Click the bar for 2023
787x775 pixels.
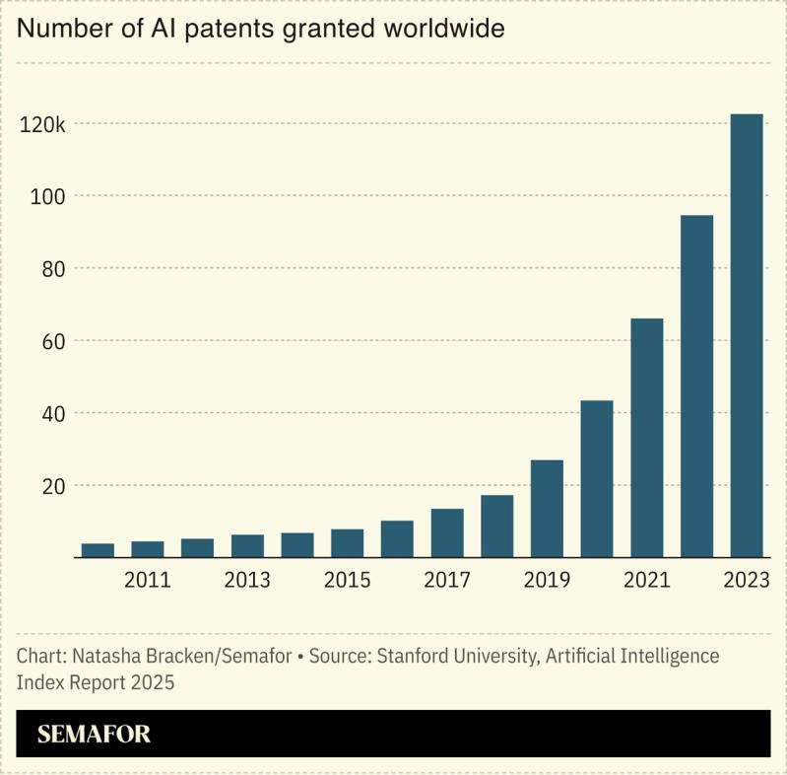(x=747, y=335)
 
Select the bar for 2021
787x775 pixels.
(x=647, y=438)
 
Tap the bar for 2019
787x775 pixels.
(x=547, y=508)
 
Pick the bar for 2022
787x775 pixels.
(x=696, y=386)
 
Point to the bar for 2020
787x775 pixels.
(x=597, y=478)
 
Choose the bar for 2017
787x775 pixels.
(x=447, y=532)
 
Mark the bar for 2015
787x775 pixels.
(x=348, y=543)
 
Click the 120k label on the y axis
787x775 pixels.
(x=42, y=124)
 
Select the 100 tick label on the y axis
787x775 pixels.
(x=48, y=196)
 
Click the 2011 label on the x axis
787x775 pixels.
(x=148, y=580)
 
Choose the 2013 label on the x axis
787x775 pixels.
(x=247, y=580)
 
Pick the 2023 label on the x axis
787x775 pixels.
(x=746, y=580)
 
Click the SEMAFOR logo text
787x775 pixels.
(x=94, y=735)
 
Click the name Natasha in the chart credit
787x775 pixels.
(x=104, y=656)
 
